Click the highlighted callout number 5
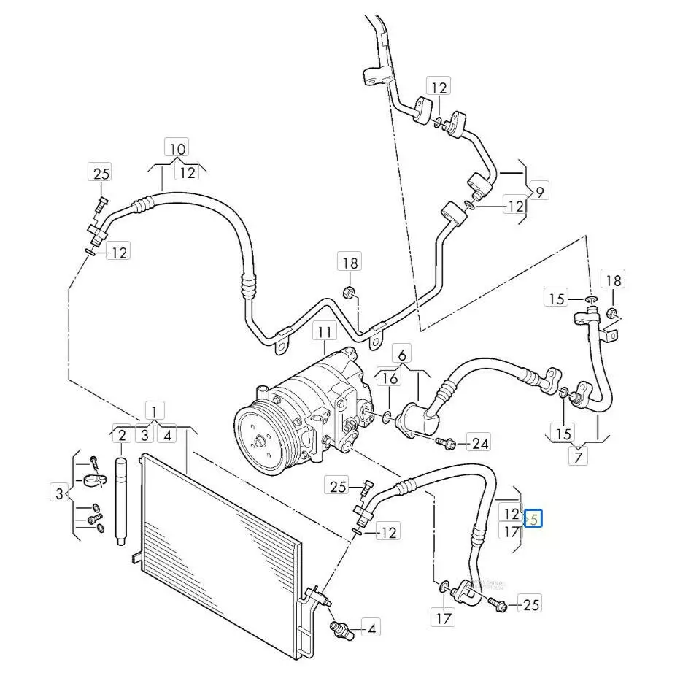534,519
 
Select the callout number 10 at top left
177,148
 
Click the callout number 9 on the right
539,193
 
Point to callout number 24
479,442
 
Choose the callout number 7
577,458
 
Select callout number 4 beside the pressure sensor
371,628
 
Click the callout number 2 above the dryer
122,436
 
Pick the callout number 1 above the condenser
154,409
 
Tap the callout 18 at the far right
612,280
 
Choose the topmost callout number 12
439,88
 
